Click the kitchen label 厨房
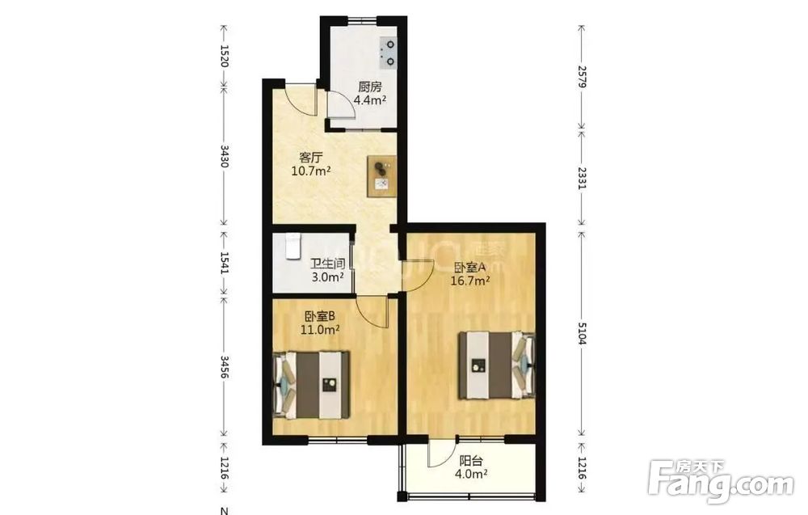click(370, 87)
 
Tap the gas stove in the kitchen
click(389, 53)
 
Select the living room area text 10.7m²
click(311, 171)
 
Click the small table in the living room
click(382, 176)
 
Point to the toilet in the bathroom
click(292, 246)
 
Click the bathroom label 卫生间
click(327, 264)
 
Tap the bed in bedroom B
click(311, 385)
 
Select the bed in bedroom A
click(497, 365)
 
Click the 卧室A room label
click(470, 268)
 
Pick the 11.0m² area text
click(320, 329)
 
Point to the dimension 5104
click(582, 334)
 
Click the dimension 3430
click(225, 156)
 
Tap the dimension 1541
click(225, 263)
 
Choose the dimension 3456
click(225, 366)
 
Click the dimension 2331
click(582, 178)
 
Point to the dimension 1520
click(225, 56)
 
